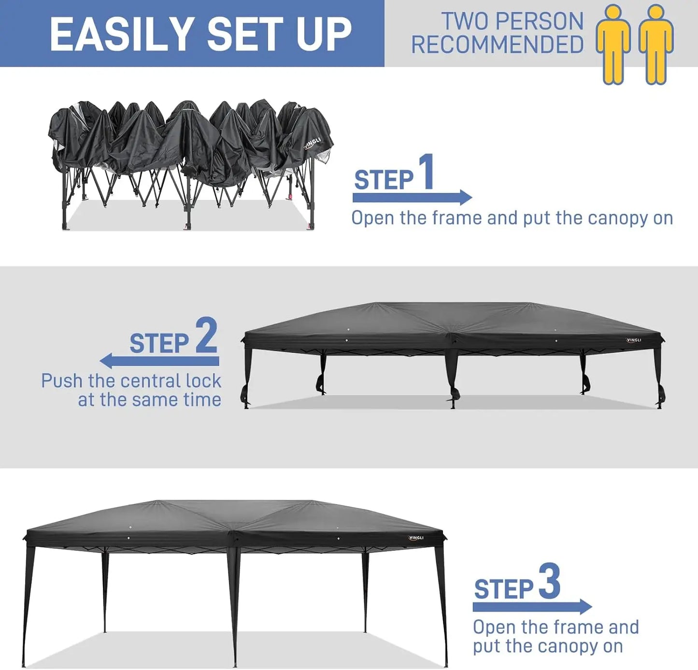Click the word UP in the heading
coord(324,34)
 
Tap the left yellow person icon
coord(613,44)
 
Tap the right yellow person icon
coord(655,44)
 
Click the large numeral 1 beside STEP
coord(426,172)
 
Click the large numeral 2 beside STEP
coord(206,336)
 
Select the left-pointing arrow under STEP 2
coord(159,361)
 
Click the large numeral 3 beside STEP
coord(549,582)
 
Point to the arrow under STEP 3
coord(532,606)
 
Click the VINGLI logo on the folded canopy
coord(313,143)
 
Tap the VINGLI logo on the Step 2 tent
coord(634,340)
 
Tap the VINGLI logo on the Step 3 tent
coord(416,538)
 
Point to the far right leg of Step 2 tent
coord(658,377)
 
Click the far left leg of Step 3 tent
coord(28,603)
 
